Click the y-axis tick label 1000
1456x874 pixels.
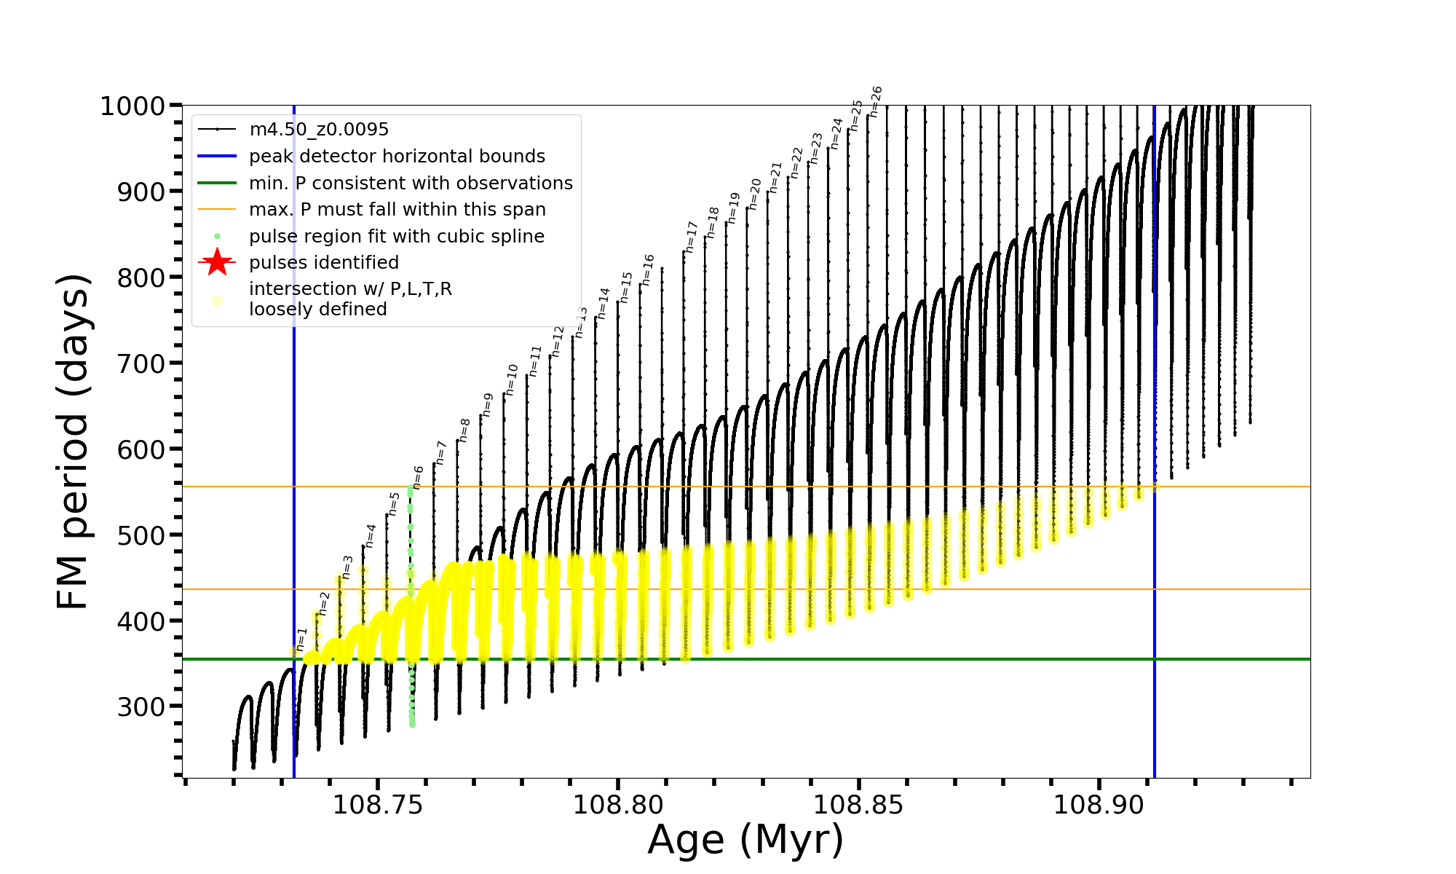tap(132, 106)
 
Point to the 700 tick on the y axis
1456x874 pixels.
tap(141, 363)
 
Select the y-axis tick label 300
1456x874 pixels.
tap(141, 706)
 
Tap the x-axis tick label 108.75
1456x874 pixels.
tap(377, 805)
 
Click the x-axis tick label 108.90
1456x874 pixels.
tap(1099, 805)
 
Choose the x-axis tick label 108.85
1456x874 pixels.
tap(858, 805)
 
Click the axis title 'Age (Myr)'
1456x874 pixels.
tap(745, 840)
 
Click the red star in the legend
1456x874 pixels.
tap(217, 262)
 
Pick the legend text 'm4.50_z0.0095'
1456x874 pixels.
tap(319, 130)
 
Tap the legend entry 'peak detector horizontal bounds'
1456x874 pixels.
tap(397, 157)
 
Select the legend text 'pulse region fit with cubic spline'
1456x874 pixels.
tap(397, 237)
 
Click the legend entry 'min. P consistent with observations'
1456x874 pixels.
tap(411, 183)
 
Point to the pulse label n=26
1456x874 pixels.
tap(876, 101)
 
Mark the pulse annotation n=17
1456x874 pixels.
tap(692, 237)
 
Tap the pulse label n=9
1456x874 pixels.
tap(488, 405)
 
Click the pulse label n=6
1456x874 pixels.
tap(418, 478)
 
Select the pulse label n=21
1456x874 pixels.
tap(775, 178)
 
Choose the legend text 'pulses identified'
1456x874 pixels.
tap(324, 263)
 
